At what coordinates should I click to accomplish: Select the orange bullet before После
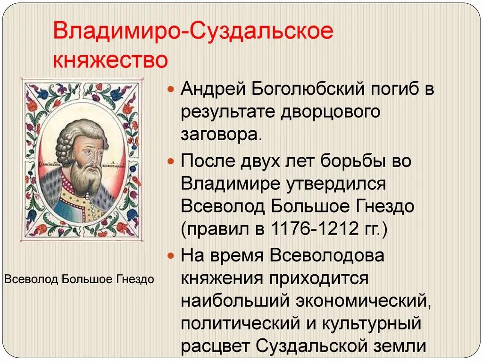(x=172, y=161)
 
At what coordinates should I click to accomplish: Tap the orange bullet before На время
(x=172, y=256)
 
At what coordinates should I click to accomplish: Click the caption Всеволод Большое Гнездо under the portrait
(x=80, y=279)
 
